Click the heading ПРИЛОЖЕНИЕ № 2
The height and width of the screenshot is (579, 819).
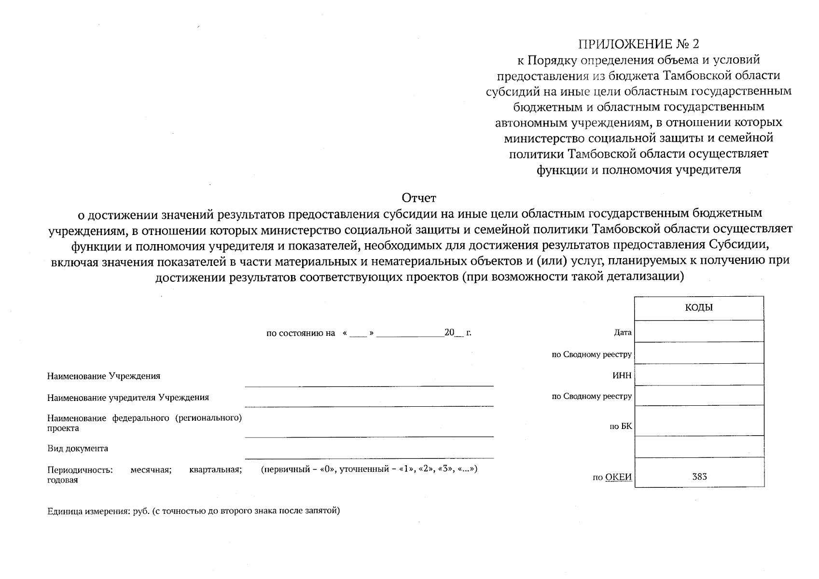[639, 44]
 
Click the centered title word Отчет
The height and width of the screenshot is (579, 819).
[418, 198]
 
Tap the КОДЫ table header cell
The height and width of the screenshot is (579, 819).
[698, 308]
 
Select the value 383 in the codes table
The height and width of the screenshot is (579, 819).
[699, 477]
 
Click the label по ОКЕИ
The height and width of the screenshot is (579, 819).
[612, 478]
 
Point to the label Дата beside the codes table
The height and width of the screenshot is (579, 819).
[623, 332]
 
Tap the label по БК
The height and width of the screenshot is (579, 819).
[621, 427]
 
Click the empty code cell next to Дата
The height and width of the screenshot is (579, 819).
[699, 331]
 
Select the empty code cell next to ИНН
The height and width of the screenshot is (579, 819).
[699, 374]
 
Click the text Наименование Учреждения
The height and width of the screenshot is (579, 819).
[104, 376]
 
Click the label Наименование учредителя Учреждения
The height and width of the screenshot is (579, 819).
[128, 398]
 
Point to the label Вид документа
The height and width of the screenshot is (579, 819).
[78, 449]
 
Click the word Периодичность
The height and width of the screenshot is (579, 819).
[80, 470]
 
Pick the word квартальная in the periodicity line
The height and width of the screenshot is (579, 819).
[215, 470]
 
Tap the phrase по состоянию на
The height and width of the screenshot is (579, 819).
[300, 333]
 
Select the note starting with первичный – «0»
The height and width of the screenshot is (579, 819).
[369, 469]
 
